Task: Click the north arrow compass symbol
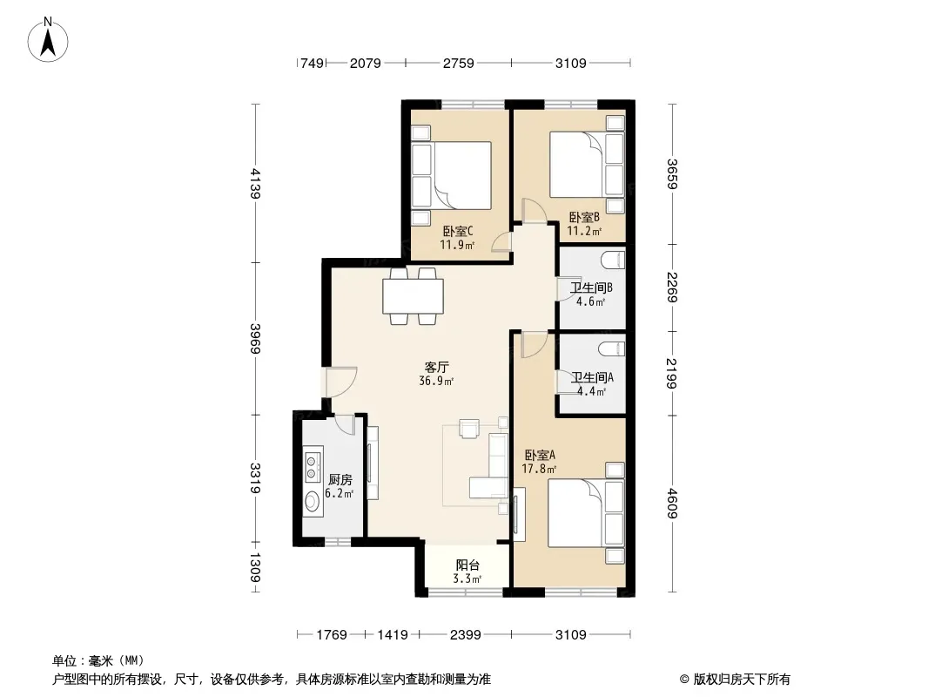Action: point(48,40)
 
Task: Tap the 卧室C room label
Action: point(458,231)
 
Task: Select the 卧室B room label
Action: point(584,217)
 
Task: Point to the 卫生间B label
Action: point(591,288)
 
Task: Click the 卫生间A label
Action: point(593,377)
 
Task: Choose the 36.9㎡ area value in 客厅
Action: point(436,382)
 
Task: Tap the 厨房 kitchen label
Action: point(340,480)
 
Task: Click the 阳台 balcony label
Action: point(467,565)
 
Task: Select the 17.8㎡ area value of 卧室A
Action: point(539,469)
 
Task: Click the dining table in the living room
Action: point(414,296)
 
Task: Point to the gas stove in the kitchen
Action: point(313,465)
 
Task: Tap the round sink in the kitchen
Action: point(312,501)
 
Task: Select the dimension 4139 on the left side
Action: point(255,183)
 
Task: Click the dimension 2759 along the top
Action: point(459,63)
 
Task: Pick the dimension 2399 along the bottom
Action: point(465,635)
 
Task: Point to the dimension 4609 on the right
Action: point(672,503)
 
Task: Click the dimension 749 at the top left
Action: point(312,63)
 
